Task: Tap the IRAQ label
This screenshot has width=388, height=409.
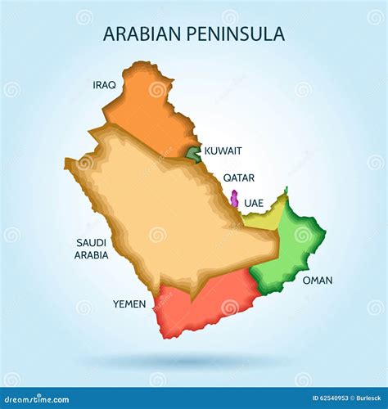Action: pos(104,84)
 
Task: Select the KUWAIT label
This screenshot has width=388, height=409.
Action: pos(223,151)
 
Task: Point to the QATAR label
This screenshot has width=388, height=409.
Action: pos(238,178)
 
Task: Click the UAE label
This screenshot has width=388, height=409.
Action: pos(254,202)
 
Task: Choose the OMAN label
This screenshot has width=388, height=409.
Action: pos(318,280)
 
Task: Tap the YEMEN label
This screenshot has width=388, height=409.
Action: pos(129,303)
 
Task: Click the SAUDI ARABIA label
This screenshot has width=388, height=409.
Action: pos(92,249)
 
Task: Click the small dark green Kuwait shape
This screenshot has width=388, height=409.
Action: pos(193,153)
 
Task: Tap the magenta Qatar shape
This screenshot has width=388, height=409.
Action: pos(234,199)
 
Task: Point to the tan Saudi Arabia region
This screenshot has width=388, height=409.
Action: pos(172,213)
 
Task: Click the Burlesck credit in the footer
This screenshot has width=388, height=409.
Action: pos(365,398)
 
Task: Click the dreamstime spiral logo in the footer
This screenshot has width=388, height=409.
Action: pos(7,398)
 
